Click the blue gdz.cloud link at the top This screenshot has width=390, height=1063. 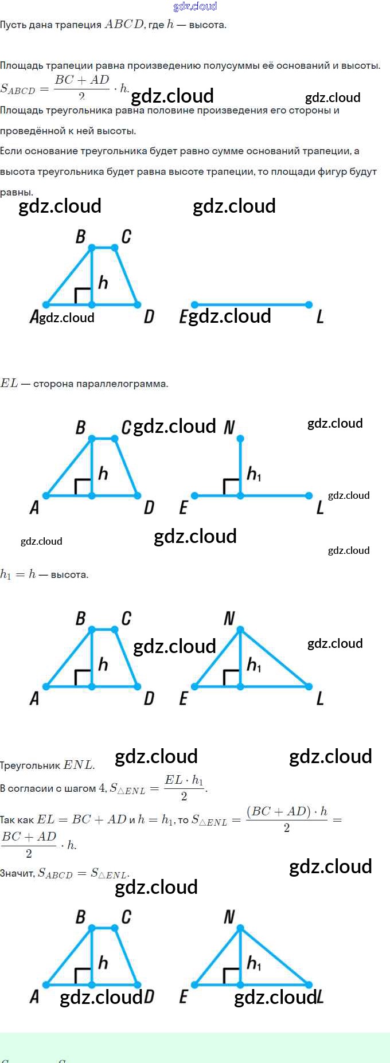pos(195,6)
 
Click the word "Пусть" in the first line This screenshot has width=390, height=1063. pos(11,25)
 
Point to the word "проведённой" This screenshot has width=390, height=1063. pos(33,131)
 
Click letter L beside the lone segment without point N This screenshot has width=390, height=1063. pos(320,316)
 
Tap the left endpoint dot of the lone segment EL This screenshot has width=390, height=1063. pos(194,304)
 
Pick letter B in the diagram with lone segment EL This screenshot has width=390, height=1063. pos(81,236)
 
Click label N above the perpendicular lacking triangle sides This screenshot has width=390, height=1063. pos(229,427)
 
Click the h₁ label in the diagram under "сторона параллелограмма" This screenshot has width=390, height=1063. pos(253,474)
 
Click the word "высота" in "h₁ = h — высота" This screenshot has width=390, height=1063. pos(69,575)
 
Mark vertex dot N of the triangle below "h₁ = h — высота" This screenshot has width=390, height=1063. pos(240,630)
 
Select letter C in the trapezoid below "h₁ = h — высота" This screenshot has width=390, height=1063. pos(126,618)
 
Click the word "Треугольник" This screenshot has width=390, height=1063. pos(30,765)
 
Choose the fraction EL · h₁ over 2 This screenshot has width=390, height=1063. pos(184,788)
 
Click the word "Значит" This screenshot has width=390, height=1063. pos(17,873)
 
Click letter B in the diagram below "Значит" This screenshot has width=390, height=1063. pos(81,917)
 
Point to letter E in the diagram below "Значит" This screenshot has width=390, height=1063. pos(184,996)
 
